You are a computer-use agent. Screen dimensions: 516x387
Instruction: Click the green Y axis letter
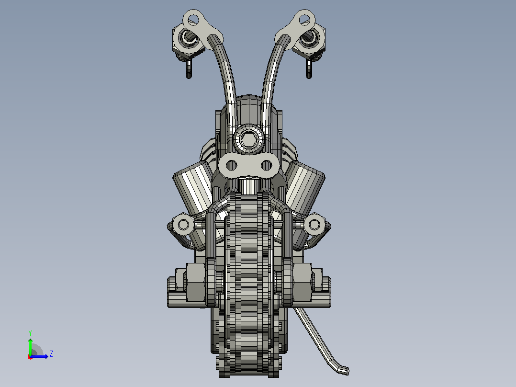tap(30, 333)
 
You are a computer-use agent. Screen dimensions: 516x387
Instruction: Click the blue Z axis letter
tap(51, 354)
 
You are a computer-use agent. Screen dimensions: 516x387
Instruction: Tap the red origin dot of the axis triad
tap(30, 357)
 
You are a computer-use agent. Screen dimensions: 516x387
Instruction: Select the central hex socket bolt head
tap(248, 139)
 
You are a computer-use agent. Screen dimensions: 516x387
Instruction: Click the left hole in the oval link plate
tap(232, 165)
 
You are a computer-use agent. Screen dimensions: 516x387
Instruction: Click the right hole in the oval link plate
tap(266, 165)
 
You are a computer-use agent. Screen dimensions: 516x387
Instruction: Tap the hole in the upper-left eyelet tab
tap(193, 20)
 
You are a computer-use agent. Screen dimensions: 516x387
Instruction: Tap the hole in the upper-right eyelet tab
tap(304, 20)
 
